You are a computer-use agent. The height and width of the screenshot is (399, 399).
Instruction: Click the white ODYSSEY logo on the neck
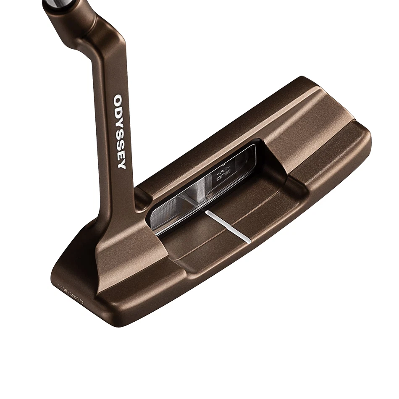[x=120, y=131]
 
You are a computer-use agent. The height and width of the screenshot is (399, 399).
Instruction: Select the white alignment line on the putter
[x=228, y=227]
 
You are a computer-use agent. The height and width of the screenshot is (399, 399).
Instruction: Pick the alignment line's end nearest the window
[x=207, y=213]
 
